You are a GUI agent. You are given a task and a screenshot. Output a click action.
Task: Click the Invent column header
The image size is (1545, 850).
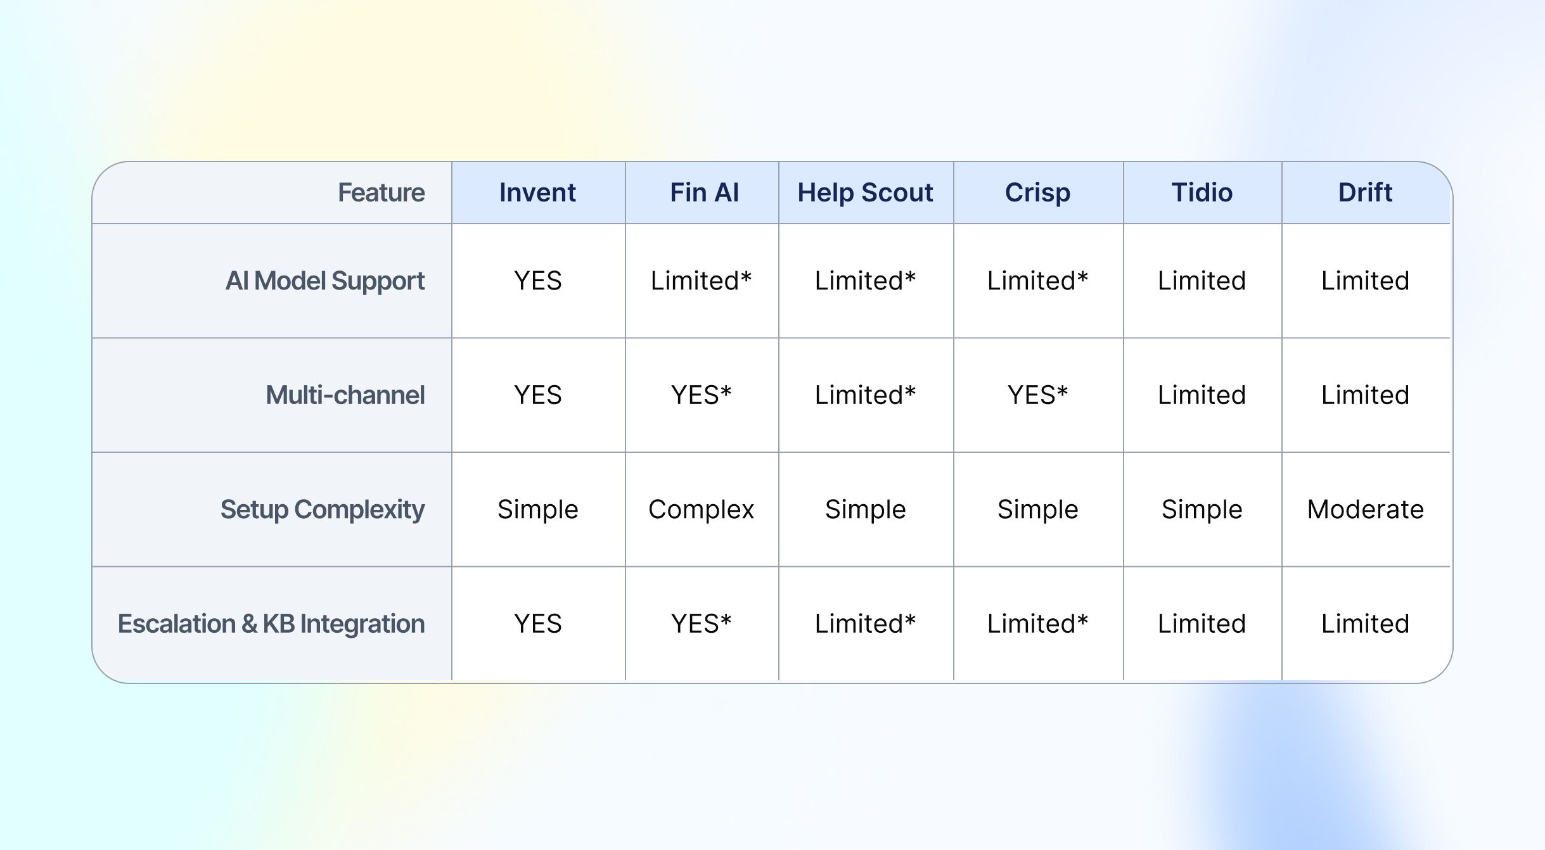click(537, 193)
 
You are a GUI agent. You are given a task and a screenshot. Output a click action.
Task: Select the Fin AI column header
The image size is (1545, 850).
click(704, 193)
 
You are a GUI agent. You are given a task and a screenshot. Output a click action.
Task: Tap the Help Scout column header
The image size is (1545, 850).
click(865, 193)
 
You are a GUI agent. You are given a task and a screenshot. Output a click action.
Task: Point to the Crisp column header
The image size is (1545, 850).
click(1037, 193)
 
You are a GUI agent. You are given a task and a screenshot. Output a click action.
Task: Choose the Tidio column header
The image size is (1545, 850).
click(1202, 193)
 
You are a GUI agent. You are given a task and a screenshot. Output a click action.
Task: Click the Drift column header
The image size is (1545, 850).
click(1365, 193)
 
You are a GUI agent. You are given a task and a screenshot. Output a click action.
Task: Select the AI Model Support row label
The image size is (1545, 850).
click(325, 281)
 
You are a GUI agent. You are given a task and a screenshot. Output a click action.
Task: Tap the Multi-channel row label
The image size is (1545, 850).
click(345, 395)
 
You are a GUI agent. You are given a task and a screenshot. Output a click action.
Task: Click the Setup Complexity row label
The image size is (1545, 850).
click(322, 509)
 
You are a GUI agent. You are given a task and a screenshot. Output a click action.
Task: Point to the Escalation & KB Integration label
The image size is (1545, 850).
click(271, 624)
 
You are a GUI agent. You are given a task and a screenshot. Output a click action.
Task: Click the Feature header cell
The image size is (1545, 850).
click(381, 193)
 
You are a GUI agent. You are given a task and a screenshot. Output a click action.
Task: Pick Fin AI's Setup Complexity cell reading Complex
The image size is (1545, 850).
click(701, 509)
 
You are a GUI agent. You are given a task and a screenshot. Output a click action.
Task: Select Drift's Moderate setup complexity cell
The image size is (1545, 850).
click(1365, 509)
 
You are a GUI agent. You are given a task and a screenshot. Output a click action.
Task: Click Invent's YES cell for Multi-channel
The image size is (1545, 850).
click(537, 395)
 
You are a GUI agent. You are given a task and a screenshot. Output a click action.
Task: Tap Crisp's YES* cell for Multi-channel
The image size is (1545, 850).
click(1037, 395)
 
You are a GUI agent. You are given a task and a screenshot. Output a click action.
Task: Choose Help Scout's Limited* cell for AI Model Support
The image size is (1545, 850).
click(865, 281)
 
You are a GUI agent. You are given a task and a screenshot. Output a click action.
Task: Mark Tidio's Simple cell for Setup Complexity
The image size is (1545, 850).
click(1202, 509)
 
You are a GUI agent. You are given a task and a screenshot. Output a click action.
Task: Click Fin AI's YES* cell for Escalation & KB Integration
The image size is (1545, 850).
click(701, 624)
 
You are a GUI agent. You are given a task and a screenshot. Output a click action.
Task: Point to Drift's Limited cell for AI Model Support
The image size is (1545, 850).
click(1365, 281)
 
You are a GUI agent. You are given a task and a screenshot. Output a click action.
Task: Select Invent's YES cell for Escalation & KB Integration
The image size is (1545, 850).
click(537, 624)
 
